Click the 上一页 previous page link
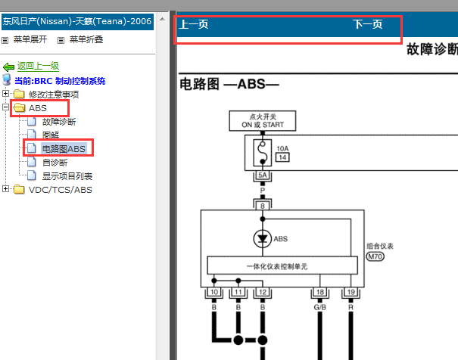[x=193, y=25]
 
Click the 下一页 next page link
[x=368, y=25]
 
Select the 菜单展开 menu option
[x=30, y=39]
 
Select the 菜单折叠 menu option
[x=85, y=39]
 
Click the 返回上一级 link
[x=38, y=67]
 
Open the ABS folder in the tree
[x=37, y=108]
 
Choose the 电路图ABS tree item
[x=63, y=149]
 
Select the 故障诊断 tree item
[x=58, y=122]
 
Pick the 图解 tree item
[x=50, y=135]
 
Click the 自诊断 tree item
[x=54, y=163]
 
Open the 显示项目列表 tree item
[x=67, y=176]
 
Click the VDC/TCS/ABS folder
[x=60, y=190]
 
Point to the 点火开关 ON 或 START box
[x=263, y=120]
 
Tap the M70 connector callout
[x=375, y=257]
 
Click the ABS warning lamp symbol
[x=262, y=239]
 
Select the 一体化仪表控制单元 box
[x=282, y=266]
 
